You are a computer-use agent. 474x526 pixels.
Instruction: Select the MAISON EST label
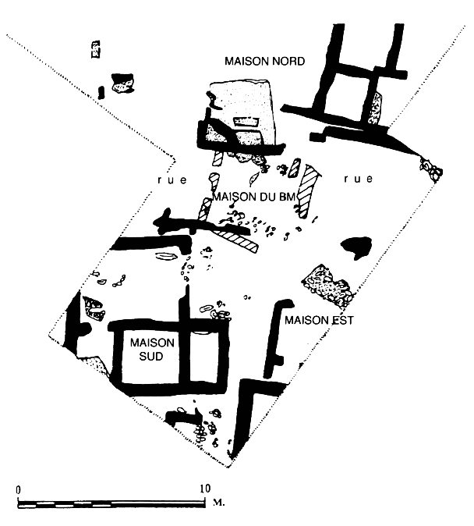320,320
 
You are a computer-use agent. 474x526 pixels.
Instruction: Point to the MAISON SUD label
152,349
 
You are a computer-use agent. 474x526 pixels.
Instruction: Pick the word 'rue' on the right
359,179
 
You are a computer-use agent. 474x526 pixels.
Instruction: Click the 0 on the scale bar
17,489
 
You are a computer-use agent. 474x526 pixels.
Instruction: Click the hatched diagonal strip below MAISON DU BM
238,240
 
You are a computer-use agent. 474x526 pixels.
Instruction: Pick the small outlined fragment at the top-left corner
96,48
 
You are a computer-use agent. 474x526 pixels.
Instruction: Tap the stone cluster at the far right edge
430,168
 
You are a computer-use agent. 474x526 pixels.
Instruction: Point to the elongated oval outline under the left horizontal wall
166,257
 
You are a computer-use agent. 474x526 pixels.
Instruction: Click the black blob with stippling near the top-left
123,83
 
